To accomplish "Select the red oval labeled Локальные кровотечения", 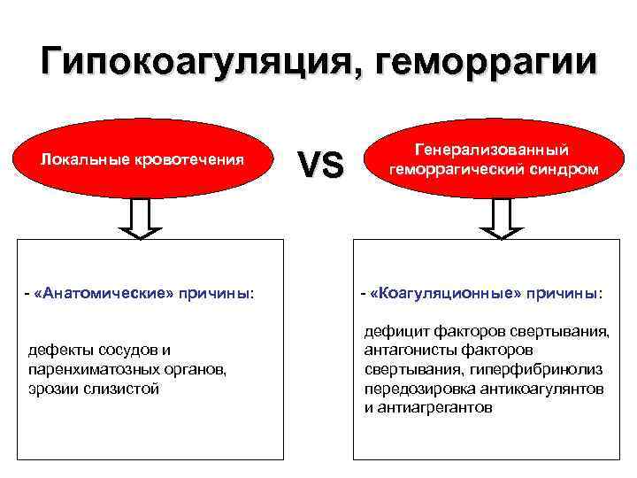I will [x=144, y=160].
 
